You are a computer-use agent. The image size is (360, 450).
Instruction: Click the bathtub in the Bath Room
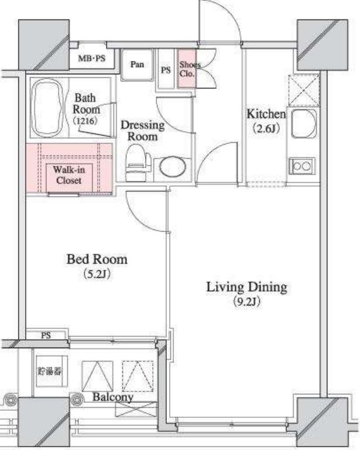47,107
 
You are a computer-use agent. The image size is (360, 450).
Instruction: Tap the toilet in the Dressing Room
138,163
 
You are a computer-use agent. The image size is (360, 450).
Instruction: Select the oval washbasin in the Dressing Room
172,167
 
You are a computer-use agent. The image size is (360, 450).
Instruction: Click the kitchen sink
304,123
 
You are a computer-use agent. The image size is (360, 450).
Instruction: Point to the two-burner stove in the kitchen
302,166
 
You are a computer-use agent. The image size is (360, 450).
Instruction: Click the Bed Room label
97,259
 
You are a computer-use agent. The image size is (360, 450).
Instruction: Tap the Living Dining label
246,287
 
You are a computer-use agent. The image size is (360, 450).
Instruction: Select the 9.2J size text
247,301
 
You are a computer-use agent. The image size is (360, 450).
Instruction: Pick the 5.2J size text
97,274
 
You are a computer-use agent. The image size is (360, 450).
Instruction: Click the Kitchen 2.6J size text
266,129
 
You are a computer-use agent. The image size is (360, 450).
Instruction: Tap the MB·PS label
92,59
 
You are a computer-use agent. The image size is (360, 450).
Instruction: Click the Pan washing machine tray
137,65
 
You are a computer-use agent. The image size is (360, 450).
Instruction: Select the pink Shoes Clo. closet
187,68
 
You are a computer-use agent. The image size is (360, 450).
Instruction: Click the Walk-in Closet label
69,175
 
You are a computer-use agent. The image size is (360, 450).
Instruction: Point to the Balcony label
113,397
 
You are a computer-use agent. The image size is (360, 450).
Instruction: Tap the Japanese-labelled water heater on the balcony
50,372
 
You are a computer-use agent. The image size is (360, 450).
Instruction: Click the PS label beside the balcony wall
46,335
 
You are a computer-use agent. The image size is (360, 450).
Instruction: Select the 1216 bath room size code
85,121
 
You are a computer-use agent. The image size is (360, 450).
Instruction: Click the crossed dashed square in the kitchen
304,91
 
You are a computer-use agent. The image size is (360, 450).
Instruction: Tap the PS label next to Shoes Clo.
166,70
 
